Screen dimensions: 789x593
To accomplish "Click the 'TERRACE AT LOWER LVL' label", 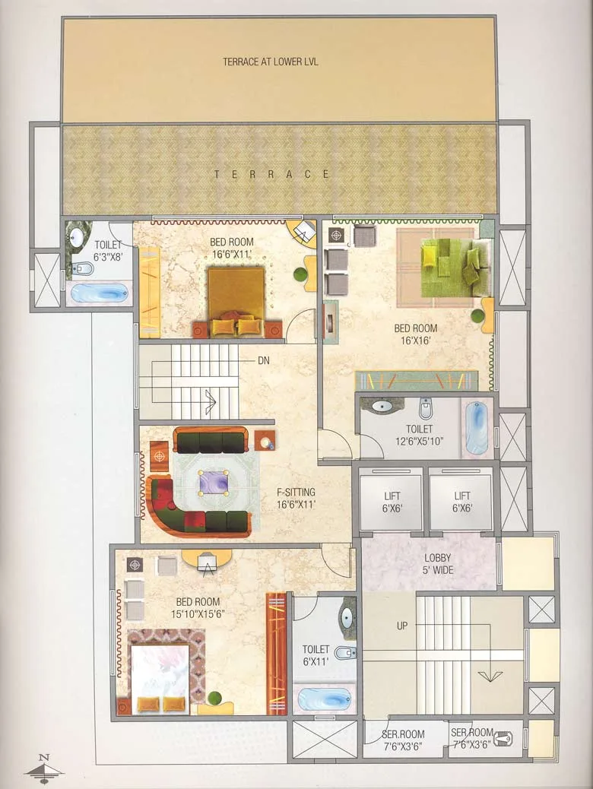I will click(270, 62).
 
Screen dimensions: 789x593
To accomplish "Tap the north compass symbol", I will click(44, 768).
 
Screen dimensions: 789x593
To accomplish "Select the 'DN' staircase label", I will click(264, 360).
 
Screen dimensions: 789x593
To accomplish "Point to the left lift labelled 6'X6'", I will click(391, 502).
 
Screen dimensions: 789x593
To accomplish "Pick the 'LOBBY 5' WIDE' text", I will click(437, 562).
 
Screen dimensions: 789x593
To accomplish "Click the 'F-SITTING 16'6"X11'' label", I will click(296, 497).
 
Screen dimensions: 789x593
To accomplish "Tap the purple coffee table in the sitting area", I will click(214, 483).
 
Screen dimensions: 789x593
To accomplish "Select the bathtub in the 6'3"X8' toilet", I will click(99, 293).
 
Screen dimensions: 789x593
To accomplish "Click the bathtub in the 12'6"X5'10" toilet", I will click(477, 428).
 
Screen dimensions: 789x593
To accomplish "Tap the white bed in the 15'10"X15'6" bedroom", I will click(160, 679).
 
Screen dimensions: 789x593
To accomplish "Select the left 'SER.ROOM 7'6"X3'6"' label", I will click(403, 739).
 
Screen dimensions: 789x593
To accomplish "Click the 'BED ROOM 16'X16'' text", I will click(415, 334).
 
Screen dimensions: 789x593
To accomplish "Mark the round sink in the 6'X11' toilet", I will click(347, 616).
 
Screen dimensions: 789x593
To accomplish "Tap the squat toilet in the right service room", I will click(507, 737).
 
